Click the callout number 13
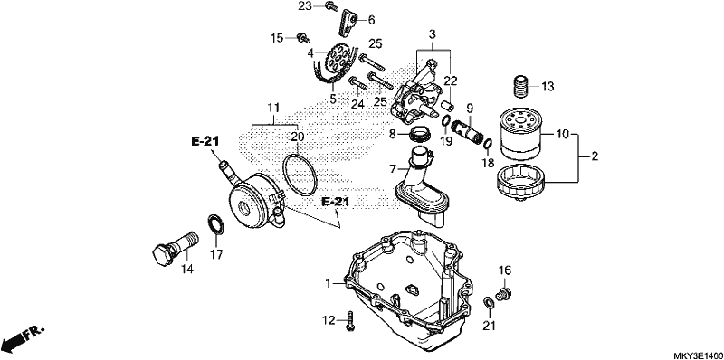coord(548,86)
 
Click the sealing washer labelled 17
coord(215,224)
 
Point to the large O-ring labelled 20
coord(300,175)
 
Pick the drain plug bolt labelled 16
coord(504,293)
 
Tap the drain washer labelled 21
coord(487,303)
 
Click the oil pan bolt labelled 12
coord(351,321)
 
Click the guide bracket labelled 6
coord(348,24)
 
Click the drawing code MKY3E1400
coord(698,355)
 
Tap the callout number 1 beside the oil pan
coord(329,283)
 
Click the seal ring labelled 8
coord(420,133)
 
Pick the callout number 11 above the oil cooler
coord(273,108)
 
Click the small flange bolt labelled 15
coord(303,38)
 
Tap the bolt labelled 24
coord(357,84)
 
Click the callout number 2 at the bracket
coord(595,156)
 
